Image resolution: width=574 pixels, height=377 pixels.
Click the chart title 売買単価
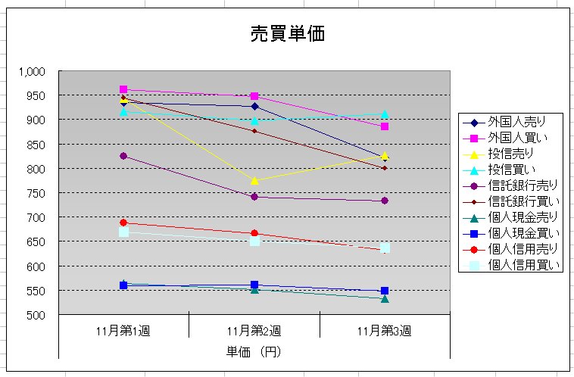click(289, 34)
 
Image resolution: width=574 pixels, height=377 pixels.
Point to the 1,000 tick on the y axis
click(33, 71)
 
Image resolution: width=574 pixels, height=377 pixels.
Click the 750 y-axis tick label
click(37, 193)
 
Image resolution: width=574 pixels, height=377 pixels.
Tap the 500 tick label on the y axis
click(37, 315)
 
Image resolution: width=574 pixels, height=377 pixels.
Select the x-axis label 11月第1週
click(123, 330)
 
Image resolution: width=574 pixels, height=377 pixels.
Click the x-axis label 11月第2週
click(254, 330)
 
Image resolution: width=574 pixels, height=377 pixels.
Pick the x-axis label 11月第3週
click(384, 330)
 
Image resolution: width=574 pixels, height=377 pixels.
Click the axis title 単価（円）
click(254, 351)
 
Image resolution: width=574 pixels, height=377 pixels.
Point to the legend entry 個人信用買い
click(522, 264)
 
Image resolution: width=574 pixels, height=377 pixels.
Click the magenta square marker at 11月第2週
click(254, 97)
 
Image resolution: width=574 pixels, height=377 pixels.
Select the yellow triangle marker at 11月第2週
click(254, 180)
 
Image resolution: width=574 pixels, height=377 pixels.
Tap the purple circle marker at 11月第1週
click(123, 156)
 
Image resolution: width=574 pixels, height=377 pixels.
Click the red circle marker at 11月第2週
click(254, 233)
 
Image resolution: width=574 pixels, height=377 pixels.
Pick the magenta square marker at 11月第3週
click(385, 126)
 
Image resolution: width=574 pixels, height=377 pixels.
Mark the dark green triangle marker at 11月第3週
click(385, 299)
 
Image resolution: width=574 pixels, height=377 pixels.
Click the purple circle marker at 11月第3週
click(385, 201)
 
